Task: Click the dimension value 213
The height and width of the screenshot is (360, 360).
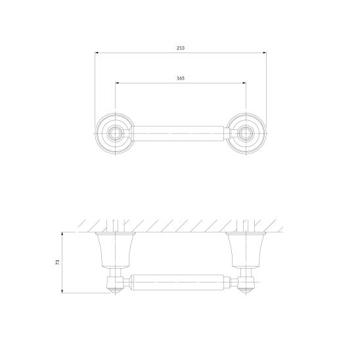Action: tap(181, 48)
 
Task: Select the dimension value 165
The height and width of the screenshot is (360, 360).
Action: tap(181, 78)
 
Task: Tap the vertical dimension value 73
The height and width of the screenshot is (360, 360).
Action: tap(58, 262)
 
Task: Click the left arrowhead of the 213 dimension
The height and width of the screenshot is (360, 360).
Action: tap(97, 53)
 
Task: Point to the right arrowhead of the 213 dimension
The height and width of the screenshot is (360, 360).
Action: tap(265, 53)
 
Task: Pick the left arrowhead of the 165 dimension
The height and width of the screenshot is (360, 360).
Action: tap(117, 83)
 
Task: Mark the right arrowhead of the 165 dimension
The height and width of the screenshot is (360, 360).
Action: tap(244, 83)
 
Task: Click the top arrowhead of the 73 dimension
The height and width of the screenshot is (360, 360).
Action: tap(62, 234)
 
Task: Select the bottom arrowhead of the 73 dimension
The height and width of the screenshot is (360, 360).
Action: tap(62, 291)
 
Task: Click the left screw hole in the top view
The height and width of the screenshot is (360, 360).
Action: tap(115, 133)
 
